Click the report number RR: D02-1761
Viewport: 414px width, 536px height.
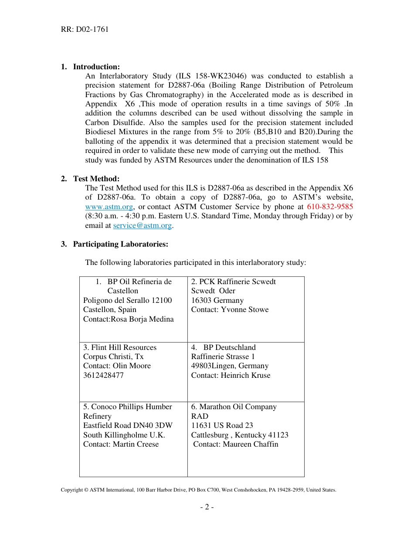85,30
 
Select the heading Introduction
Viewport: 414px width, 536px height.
96,67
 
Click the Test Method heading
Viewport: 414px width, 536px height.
96,179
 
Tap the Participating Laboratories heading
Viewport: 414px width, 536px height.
120,244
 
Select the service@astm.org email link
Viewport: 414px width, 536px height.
143,225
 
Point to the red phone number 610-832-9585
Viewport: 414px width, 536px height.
330,207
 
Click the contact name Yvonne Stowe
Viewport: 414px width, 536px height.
245,309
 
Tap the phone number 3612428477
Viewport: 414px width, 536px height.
103,375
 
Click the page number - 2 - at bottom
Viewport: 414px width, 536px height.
207,507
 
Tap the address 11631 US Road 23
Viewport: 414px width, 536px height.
222,425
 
